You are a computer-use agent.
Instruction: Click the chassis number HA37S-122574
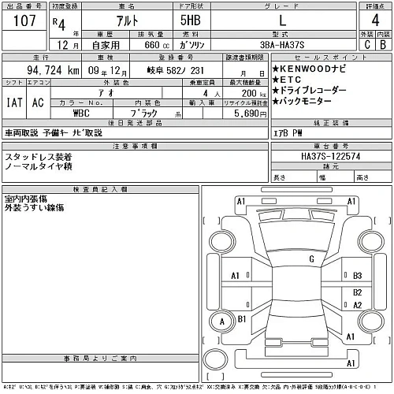click(319, 157)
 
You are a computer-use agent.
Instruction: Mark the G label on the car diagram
click(311, 258)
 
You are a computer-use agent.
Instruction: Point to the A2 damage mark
click(357, 305)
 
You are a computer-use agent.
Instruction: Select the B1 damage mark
click(243, 318)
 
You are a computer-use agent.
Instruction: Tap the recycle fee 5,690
click(238, 113)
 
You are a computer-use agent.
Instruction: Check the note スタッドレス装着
click(39, 157)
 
